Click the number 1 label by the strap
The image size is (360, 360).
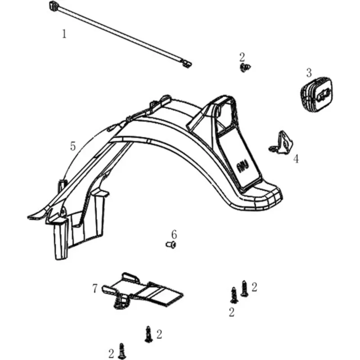click(x=64, y=34)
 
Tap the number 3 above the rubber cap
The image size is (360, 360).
click(x=309, y=73)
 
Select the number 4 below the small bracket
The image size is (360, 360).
click(x=296, y=159)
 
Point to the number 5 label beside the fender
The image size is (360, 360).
click(x=73, y=146)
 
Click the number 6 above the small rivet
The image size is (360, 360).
click(x=174, y=234)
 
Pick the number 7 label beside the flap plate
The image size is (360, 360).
click(x=95, y=288)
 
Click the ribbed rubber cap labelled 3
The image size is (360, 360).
click(x=317, y=95)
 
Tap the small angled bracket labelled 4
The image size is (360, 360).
click(x=282, y=142)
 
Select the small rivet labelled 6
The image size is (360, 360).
click(x=171, y=245)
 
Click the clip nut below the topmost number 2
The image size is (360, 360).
click(x=245, y=67)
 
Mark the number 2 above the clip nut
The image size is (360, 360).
click(x=242, y=57)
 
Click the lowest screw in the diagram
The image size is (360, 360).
click(x=121, y=351)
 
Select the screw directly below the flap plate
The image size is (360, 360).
click(x=149, y=334)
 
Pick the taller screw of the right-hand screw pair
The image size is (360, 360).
click(x=244, y=288)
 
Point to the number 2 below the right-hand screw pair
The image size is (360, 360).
click(x=232, y=312)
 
